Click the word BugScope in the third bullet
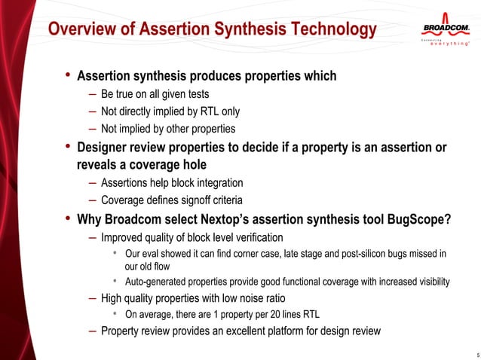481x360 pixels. click(415, 219)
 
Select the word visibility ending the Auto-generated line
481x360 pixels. click(429, 282)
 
